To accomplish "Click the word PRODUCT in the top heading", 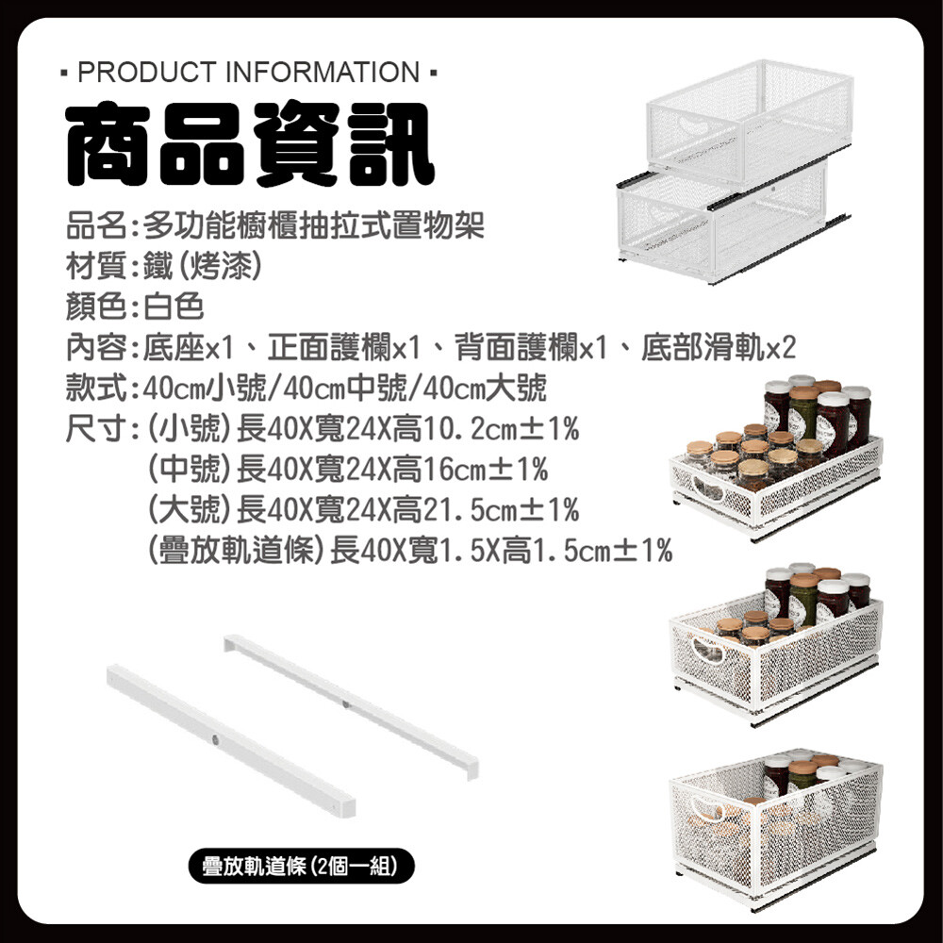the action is tap(147, 73).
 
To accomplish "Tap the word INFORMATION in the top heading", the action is tap(323, 73).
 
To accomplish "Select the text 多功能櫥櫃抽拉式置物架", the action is tap(314, 225).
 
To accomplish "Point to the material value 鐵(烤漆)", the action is tap(203, 266).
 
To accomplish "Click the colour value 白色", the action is tap(174, 306).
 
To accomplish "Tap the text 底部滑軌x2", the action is tap(719, 347).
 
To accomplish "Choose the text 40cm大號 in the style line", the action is tap(485, 388).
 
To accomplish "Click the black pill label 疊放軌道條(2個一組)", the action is tap(302, 866).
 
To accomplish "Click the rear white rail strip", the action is tap(352, 705).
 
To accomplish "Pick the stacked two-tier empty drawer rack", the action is tap(735, 172).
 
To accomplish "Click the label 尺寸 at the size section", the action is tap(95, 429).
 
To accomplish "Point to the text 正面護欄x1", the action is tap(343, 347).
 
